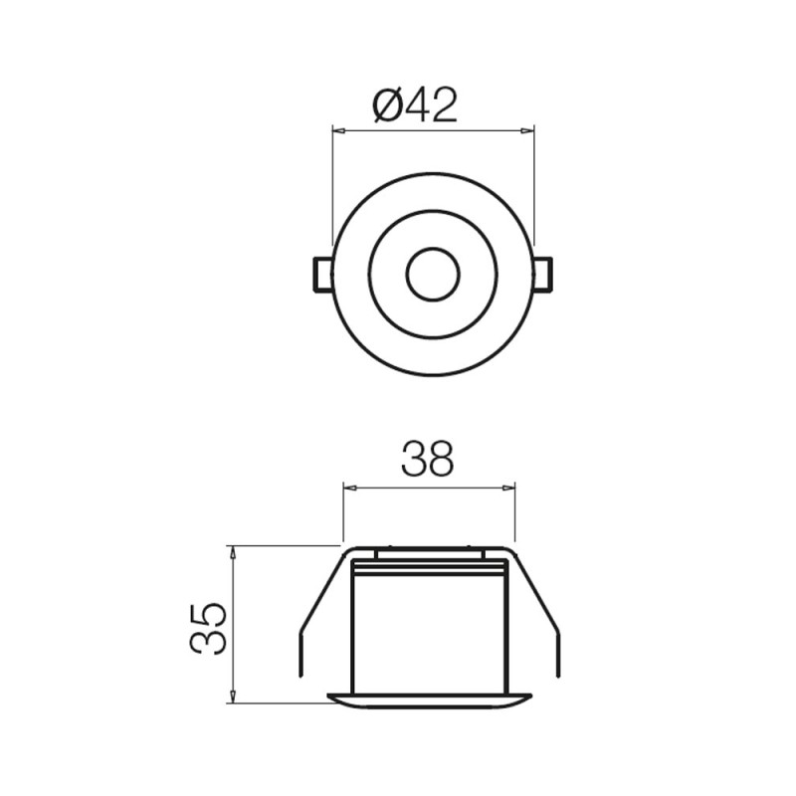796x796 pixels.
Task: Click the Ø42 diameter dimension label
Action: coord(415,105)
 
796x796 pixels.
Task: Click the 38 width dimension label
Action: coord(427,460)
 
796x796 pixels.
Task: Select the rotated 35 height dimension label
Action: coord(209,627)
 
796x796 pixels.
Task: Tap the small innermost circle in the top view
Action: coord(433,275)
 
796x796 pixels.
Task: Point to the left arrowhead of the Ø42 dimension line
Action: coord(337,130)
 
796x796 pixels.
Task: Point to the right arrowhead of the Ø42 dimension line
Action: coord(528,130)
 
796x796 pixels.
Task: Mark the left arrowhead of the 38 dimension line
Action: coord(349,488)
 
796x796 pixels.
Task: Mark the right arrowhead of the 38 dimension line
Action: coord(509,488)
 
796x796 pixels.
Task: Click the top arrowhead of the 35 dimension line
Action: coord(232,551)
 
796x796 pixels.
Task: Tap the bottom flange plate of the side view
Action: coord(430,700)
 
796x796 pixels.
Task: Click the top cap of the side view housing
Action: coord(430,551)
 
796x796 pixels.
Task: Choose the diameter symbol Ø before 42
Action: coord(386,105)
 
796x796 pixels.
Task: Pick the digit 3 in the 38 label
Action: coord(414,460)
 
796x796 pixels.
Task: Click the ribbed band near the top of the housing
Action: coord(430,568)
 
